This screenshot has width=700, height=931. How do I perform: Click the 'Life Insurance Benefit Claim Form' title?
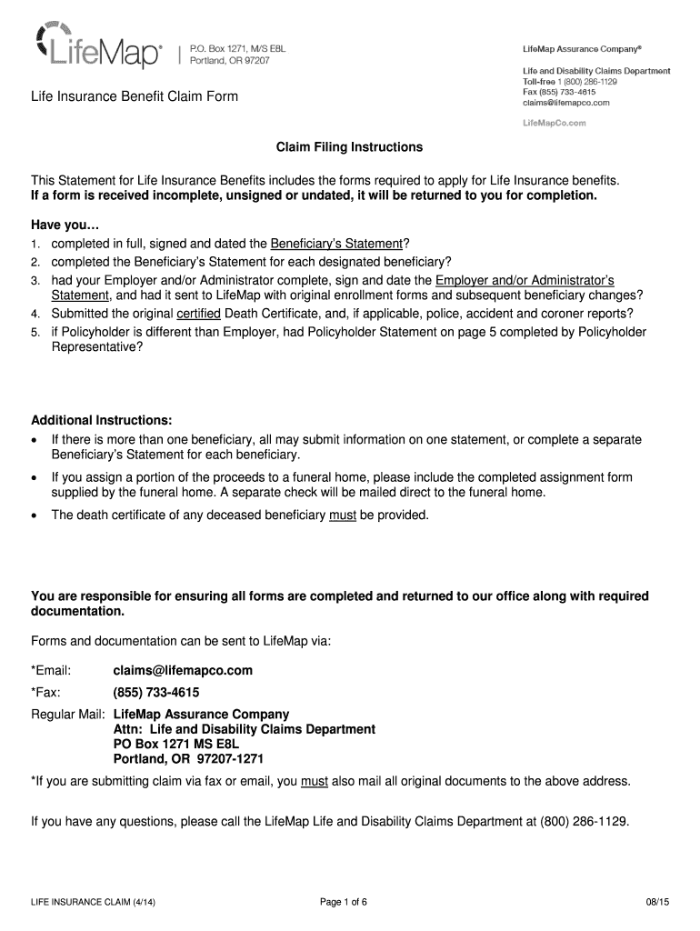(135, 96)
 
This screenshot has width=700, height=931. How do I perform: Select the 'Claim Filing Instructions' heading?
(350, 146)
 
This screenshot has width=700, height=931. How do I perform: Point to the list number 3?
(35, 279)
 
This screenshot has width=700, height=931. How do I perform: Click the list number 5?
(35, 332)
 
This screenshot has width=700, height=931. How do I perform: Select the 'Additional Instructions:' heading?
(102, 421)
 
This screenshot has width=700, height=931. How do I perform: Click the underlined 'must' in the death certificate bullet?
(342, 515)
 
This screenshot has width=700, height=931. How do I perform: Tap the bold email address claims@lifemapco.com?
(183, 671)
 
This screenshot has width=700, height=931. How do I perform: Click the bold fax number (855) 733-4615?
(156, 693)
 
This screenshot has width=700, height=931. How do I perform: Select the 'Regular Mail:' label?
(68, 715)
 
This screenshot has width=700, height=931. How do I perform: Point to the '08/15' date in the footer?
(655, 902)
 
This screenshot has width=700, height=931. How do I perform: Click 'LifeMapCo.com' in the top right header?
(554, 122)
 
